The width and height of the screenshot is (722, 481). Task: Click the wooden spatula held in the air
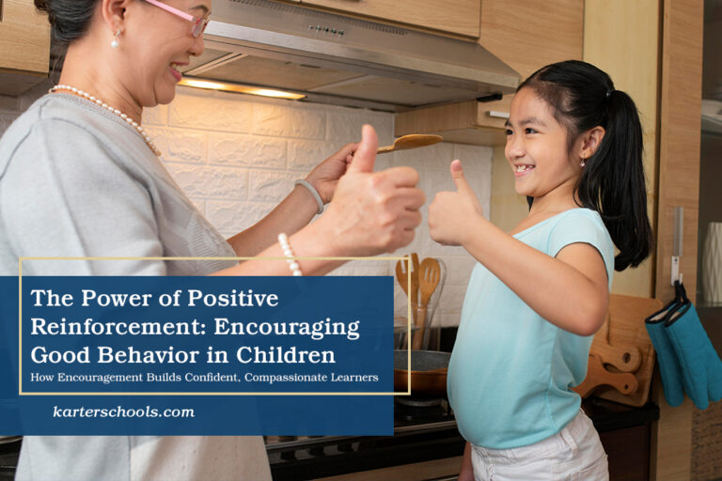tap(409, 142)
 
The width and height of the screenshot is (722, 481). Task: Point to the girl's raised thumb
tap(459, 178)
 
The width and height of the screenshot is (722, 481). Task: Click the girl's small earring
tap(583, 162)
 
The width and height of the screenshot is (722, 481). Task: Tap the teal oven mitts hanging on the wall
tap(683, 349)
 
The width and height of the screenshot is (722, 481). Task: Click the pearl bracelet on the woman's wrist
tap(290, 254)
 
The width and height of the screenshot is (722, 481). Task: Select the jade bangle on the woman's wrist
tap(310, 194)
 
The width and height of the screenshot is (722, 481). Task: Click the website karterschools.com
tap(124, 411)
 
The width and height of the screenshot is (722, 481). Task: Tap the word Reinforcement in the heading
tap(118, 327)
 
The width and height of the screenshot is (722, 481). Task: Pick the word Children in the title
tap(286, 355)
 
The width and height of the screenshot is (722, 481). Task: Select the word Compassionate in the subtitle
tap(286, 378)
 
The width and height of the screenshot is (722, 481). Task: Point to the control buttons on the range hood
tap(326, 31)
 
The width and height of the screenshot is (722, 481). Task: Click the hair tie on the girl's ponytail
tap(609, 92)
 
